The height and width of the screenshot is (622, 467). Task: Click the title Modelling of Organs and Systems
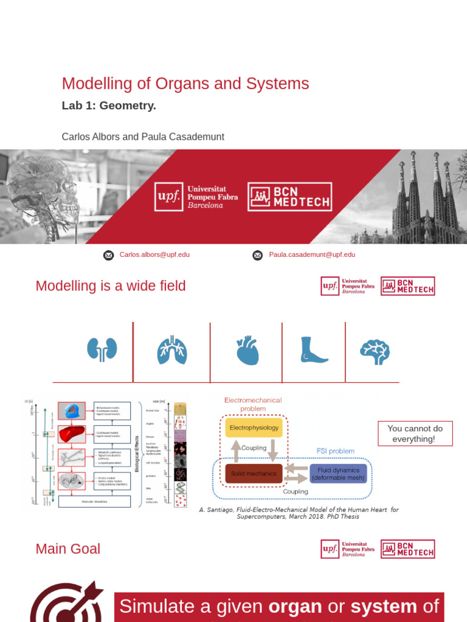(x=185, y=84)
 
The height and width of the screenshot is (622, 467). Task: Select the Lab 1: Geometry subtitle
(x=109, y=106)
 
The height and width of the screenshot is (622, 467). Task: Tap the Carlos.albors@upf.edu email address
(x=154, y=255)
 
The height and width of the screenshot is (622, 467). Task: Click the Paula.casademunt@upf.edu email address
(x=312, y=255)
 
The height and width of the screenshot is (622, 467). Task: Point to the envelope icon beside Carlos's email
(x=108, y=255)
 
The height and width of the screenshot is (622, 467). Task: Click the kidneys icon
(x=102, y=350)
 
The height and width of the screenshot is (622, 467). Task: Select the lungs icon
(x=172, y=350)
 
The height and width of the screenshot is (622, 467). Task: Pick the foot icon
(x=314, y=350)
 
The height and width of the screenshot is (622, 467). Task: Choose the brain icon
(x=375, y=352)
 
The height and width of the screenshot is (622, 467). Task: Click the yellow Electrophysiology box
(x=254, y=428)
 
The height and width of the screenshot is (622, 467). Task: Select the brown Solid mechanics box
(x=254, y=474)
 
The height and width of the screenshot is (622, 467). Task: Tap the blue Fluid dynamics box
(x=339, y=474)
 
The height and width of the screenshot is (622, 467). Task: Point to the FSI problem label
(x=336, y=451)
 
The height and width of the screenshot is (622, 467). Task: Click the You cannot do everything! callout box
(x=415, y=434)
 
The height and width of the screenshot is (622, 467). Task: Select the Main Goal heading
(x=68, y=549)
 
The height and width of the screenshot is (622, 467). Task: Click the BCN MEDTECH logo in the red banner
(x=289, y=196)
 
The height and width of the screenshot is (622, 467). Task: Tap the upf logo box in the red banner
(x=168, y=197)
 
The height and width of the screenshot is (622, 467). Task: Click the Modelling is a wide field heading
(x=111, y=286)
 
